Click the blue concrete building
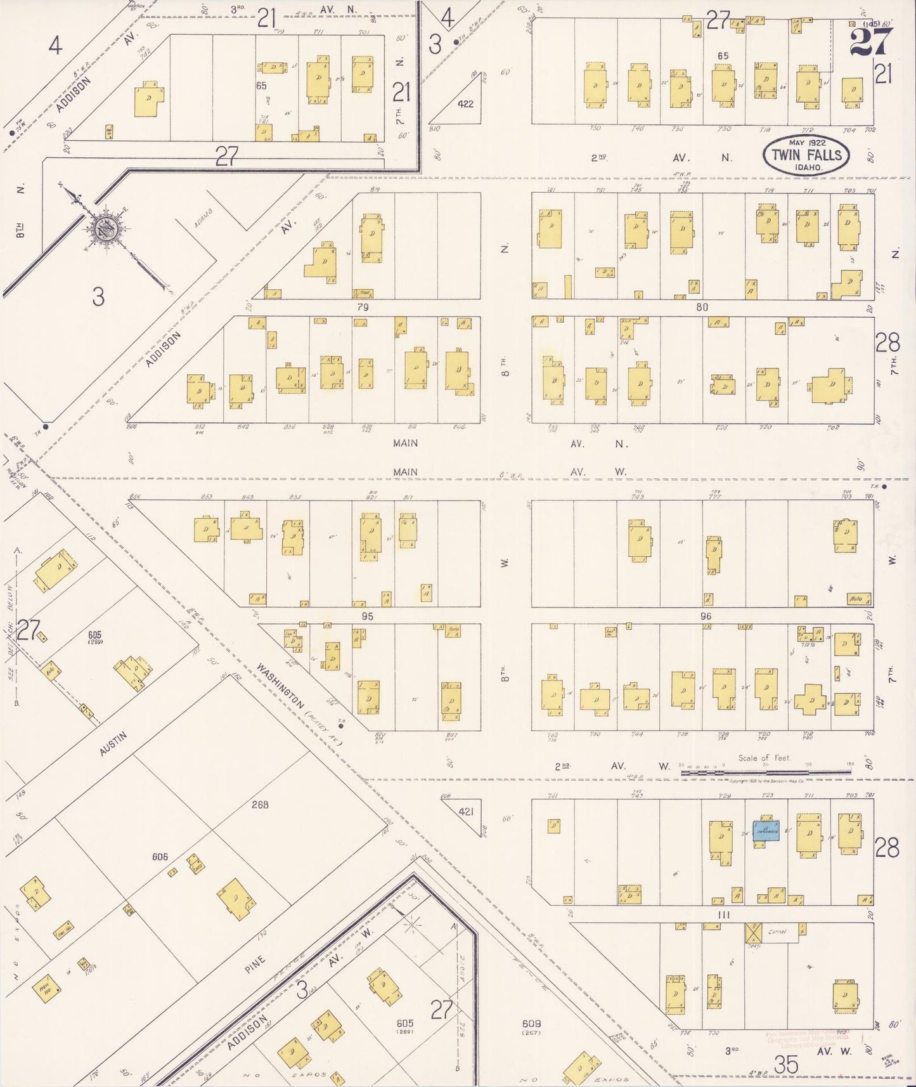[766, 831]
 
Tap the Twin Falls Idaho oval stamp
[806, 155]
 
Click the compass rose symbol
[105, 230]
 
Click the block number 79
[363, 307]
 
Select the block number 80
[701, 307]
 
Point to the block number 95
[367, 616]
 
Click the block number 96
[706, 616]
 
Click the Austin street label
[113, 744]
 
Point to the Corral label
[777, 932]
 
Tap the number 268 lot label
[260, 804]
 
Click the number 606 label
[160, 857]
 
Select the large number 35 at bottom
[786, 1065]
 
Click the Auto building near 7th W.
[858, 599]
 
